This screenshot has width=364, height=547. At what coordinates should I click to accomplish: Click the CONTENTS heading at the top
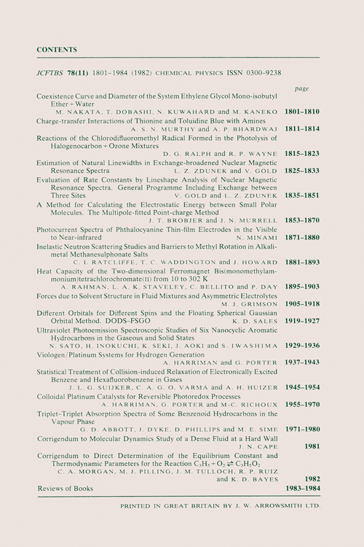56,50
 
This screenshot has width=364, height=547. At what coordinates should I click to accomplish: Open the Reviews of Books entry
66,486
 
